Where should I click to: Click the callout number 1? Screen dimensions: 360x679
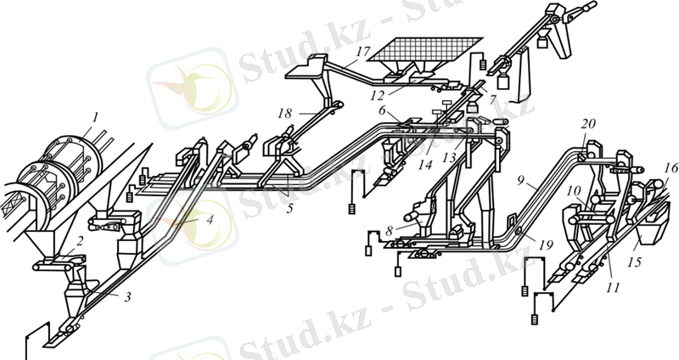[x=96, y=115]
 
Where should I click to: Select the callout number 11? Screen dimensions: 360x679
[x=613, y=288]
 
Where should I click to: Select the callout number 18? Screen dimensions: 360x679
[x=284, y=113]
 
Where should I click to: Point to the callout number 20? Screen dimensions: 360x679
[x=587, y=124]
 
